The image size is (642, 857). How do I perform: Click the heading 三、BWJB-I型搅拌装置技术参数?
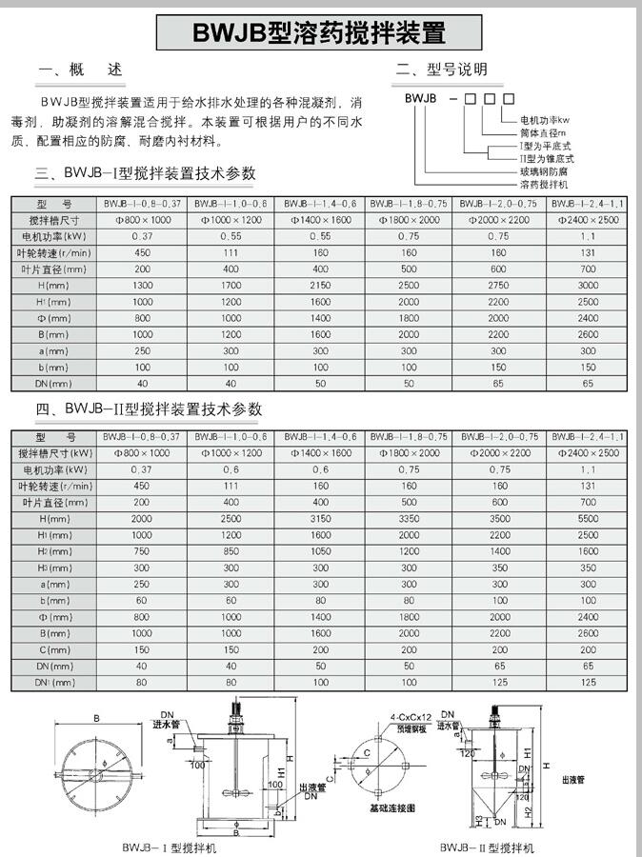[x=146, y=174]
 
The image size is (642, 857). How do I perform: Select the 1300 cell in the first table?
[x=142, y=286]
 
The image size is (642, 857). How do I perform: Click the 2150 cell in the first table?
[x=320, y=286]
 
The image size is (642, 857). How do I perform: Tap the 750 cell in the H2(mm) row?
[x=142, y=551]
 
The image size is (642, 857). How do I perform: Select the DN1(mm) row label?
[x=54, y=682]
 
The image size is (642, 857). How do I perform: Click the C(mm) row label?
[x=54, y=649]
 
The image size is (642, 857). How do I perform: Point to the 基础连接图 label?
[x=391, y=807]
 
